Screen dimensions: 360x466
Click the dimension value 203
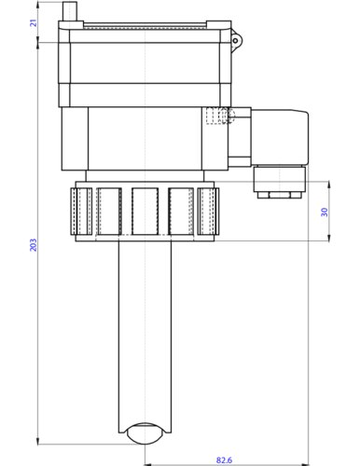coord(34,245)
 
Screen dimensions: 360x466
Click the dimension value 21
coord(34,22)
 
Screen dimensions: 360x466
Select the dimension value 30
coord(325,212)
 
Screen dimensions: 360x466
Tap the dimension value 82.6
coord(224,459)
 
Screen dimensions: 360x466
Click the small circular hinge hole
coord(235,41)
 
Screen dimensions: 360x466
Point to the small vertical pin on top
coord(70,11)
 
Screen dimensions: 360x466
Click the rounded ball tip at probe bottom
coord(145,433)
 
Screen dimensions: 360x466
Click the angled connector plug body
coord(280,137)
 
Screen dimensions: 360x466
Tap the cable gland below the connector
coord(280,179)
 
